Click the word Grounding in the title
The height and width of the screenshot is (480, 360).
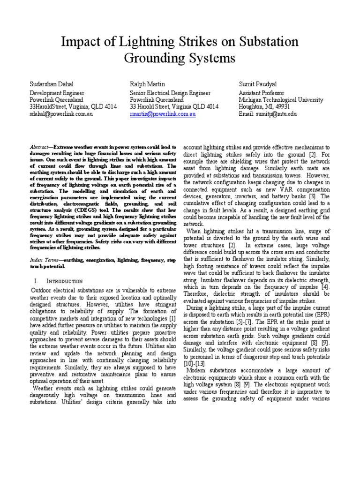pyautogui.click(x=151, y=59)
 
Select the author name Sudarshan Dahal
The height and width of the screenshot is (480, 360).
pyautogui.click(x=51, y=83)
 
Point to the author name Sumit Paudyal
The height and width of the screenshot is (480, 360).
pyautogui.click(x=259, y=83)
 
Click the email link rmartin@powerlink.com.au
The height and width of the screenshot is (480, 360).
pyautogui.click(x=163, y=114)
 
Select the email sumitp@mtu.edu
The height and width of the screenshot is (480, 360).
pyautogui.click(x=268, y=114)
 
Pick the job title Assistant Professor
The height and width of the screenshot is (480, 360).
pyautogui.click(x=262, y=93)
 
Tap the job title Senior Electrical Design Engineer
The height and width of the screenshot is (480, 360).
pyautogui.click(x=170, y=93)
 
